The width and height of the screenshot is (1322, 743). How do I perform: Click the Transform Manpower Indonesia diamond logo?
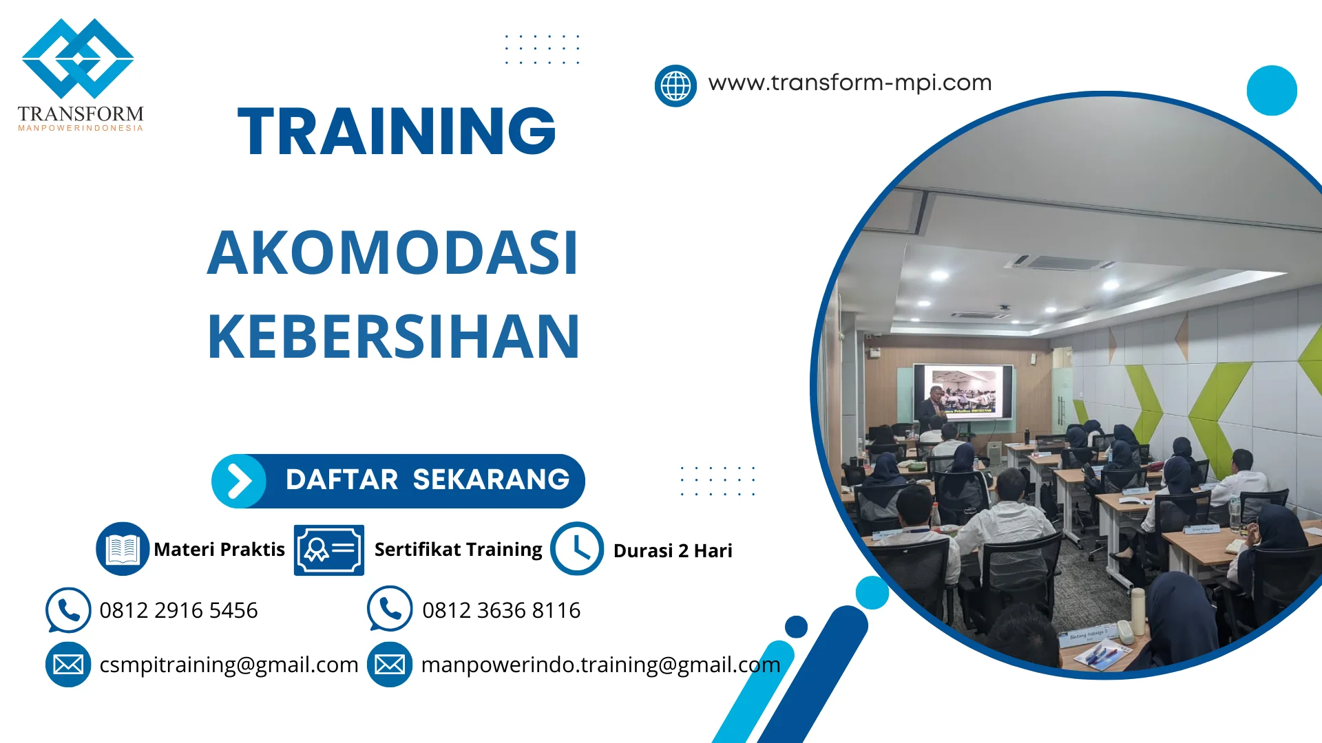pos(78,59)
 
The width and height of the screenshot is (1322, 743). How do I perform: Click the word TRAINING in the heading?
pos(397,131)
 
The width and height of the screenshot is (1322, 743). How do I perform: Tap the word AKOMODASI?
pos(392,253)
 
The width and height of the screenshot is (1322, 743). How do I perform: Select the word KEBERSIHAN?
pos(393,337)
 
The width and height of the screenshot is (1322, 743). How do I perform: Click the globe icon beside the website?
pos(675,86)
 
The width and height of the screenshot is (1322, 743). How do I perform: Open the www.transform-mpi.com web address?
pos(850,83)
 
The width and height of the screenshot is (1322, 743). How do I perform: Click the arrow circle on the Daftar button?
pos(239,481)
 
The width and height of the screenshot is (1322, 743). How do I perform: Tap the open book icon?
pos(123,548)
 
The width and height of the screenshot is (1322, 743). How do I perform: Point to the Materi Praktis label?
pos(219,549)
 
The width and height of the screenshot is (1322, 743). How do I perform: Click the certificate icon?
pos(329,550)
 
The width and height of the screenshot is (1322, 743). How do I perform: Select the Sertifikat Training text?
pos(458,549)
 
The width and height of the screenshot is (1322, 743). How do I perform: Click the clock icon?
pos(577,548)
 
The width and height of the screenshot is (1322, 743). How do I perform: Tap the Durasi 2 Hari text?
pos(673,550)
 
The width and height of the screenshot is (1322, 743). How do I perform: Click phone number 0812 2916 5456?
pos(178,610)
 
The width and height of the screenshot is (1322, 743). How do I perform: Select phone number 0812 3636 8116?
pos(501,610)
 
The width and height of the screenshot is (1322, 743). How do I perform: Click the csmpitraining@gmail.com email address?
pos(229,665)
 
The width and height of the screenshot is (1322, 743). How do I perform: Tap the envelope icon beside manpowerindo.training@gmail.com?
pos(390,665)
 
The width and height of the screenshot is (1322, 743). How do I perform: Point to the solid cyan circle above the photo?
pos(1271,90)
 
